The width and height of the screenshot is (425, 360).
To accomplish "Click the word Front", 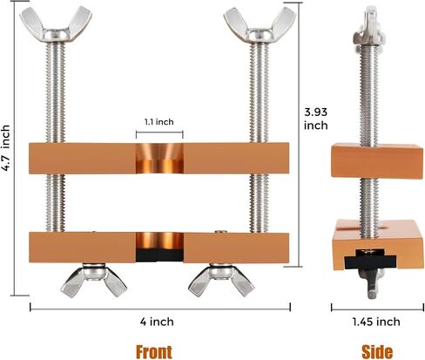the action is pyautogui.click(x=154, y=352).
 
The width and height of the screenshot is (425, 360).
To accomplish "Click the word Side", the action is pyautogui.click(x=377, y=352).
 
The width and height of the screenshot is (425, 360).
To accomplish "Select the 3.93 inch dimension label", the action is pyautogui.click(x=316, y=119).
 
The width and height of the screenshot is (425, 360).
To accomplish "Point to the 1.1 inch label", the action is pyautogui.click(x=159, y=122).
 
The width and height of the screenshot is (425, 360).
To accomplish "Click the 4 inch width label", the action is pyautogui.click(x=157, y=322).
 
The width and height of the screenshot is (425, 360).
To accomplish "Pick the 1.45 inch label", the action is pyautogui.click(x=376, y=322).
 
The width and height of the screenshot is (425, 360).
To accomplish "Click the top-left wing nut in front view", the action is pyautogui.click(x=56, y=25).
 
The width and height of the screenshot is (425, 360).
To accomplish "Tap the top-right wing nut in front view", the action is pyautogui.click(x=260, y=25).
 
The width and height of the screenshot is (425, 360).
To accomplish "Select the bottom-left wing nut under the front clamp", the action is pyautogui.click(x=93, y=280).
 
